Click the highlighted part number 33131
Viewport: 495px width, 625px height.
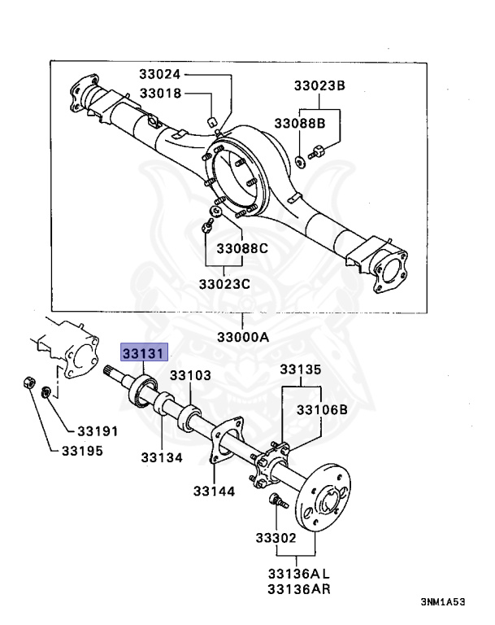click(x=145, y=353)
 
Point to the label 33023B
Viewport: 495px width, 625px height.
click(x=319, y=85)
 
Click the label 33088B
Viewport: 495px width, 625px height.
click(x=299, y=124)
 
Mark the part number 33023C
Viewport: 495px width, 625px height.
click(x=226, y=284)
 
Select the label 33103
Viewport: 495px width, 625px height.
click(x=191, y=375)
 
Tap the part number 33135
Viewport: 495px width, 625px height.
click(x=302, y=369)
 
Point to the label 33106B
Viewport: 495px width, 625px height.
click(x=322, y=409)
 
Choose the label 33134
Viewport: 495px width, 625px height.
click(x=162, y=458)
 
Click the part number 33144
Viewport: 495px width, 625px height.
click(x=214, y=491)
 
